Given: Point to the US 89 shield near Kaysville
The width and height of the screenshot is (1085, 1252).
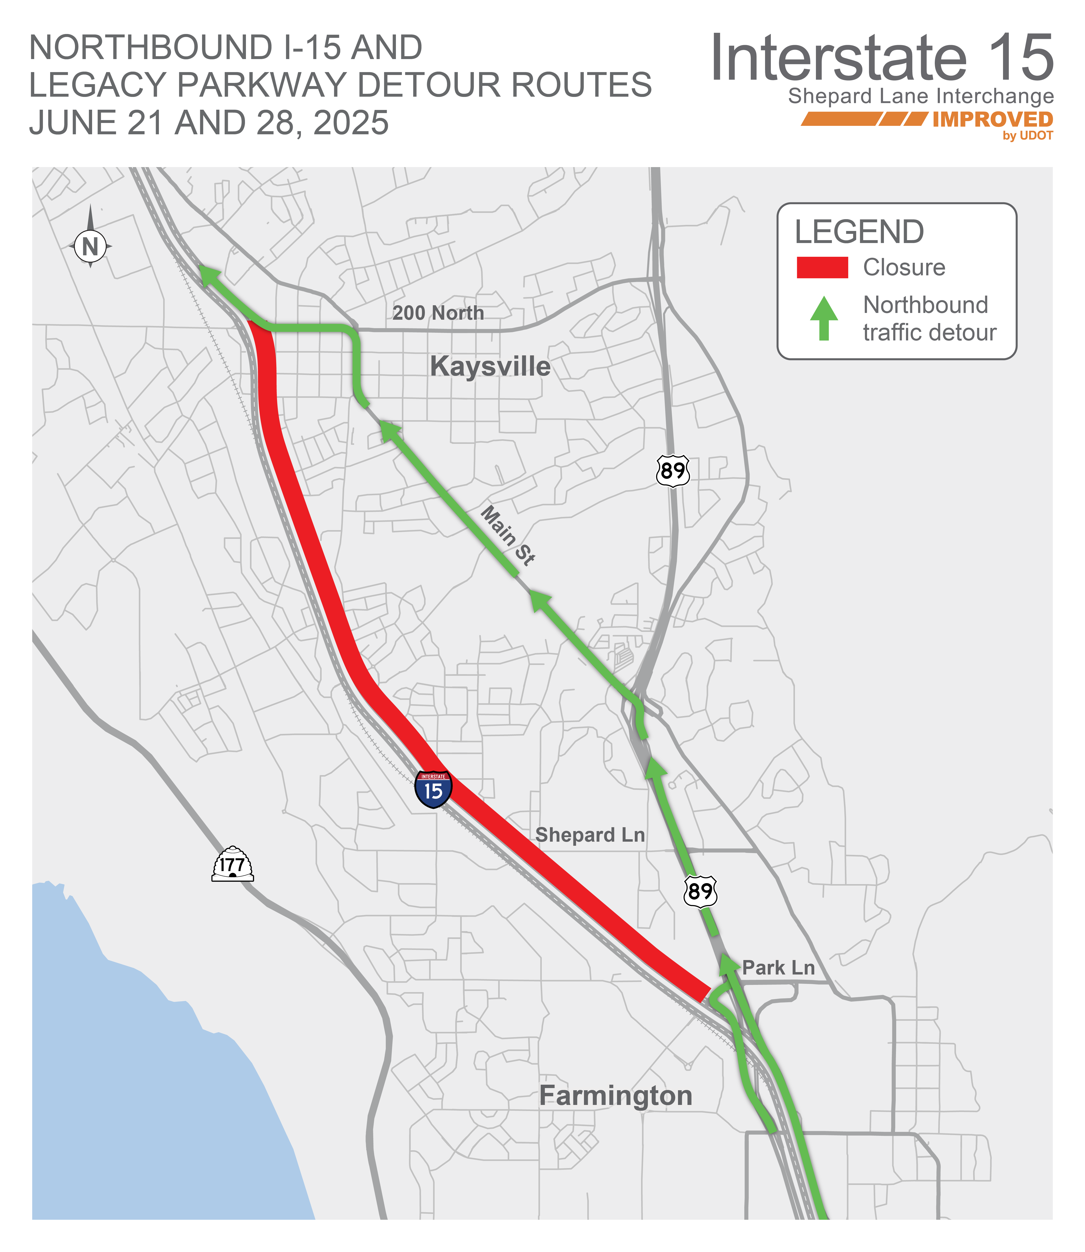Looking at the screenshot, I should tap(673, 470).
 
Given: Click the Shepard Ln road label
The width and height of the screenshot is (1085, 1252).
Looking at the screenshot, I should tap(590, 835).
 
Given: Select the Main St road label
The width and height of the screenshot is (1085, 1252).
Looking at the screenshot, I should tap(507, 536).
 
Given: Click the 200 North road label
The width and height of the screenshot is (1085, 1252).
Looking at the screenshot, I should tap(438, 313).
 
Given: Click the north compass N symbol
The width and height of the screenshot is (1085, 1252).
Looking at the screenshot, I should tap(90, 246).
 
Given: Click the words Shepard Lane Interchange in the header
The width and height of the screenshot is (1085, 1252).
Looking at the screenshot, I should tap(920, 96).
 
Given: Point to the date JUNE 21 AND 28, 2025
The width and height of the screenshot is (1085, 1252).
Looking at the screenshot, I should tap(209, 123).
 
